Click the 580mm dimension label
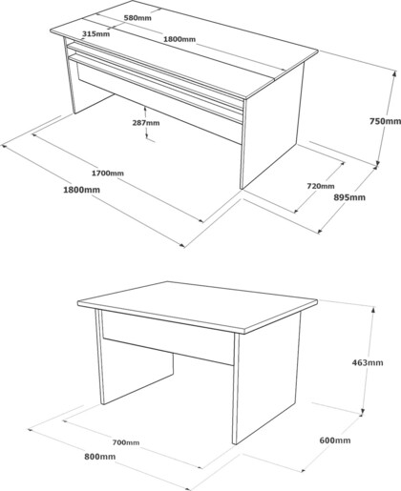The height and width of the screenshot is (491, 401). click(x=137, y=18)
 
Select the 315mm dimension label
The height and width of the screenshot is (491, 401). click(x=96, y=33)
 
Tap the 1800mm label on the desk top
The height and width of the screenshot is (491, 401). click(x=179, y=39)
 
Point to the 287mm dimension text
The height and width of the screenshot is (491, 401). click(x=146, y=122)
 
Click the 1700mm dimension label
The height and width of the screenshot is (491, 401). click(x=108, y=174)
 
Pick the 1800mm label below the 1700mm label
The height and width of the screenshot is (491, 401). click(x=81, y=190)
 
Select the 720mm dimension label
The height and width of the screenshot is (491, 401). click(x=321, y=186)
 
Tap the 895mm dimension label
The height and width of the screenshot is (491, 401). click(x=349, y=197)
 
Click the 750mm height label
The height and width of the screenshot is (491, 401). click(x=385, y=121)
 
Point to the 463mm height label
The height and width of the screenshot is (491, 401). click(x=368, y=362)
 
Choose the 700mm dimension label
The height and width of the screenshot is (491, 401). click(x=126, y=442)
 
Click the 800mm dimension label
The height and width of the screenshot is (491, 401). click(x=99, y=457)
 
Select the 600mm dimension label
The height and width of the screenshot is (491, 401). click(x=335, y=440)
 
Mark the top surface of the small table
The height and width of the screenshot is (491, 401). click(x=198, y=303)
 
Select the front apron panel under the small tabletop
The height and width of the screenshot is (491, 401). click(x=168, y=337)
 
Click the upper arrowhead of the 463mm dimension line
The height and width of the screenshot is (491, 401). click(x=373, y=309)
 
